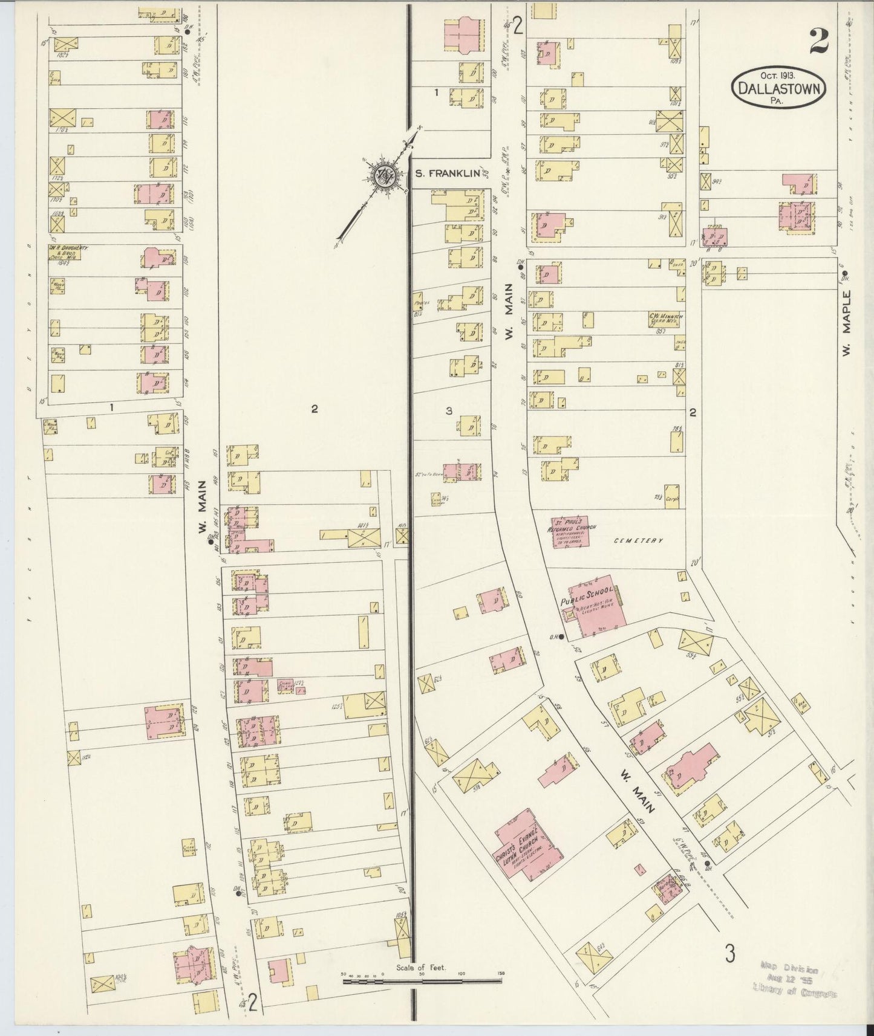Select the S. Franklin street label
coord(448,173)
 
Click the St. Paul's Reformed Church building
coord(570,532)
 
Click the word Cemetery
coord(639,540)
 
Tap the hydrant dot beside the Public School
coord(561,636)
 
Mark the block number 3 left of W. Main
coord(449,411)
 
